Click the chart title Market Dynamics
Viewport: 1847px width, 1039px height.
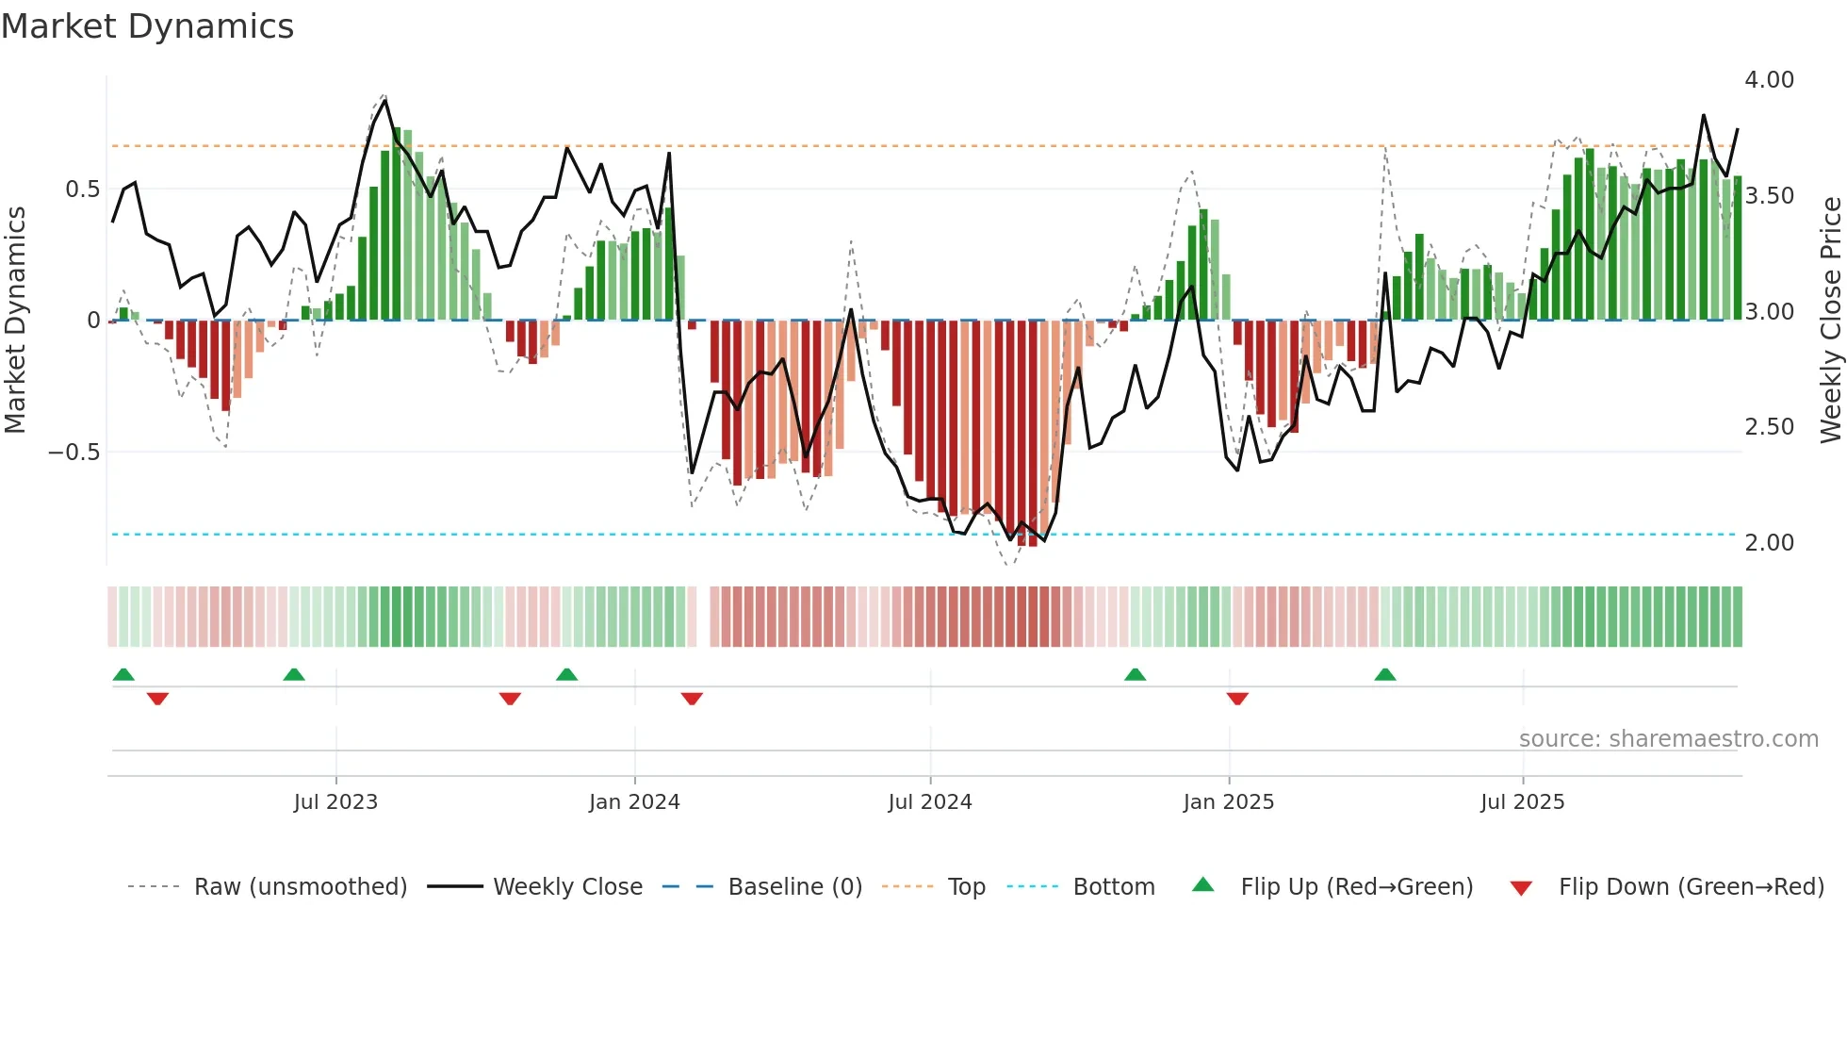click(x=147, y=26)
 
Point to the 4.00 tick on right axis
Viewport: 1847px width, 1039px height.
click(x=1769, y=80)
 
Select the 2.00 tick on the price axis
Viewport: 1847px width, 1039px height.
click(x=1769, y=543)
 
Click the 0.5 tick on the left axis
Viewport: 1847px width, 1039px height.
click(x=82, y=190)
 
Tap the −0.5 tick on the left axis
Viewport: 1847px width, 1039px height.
click(x=74, y=453)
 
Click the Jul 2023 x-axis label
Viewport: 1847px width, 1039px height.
click(x=335, y=802)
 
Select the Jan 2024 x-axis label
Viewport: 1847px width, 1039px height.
click(x=634, y=802)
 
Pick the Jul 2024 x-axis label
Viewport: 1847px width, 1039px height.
click(x=929, y=802)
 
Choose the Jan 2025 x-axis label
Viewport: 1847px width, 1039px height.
click(x=1228, y=802)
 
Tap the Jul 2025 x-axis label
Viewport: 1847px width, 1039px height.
click(x=1522, y=802)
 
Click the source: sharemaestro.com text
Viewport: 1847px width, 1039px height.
click(x=1668, y=739)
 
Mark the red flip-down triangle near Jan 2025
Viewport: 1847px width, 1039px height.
click(x=1237, y=699)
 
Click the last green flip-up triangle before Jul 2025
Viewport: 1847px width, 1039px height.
click(x=1384, y=674)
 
